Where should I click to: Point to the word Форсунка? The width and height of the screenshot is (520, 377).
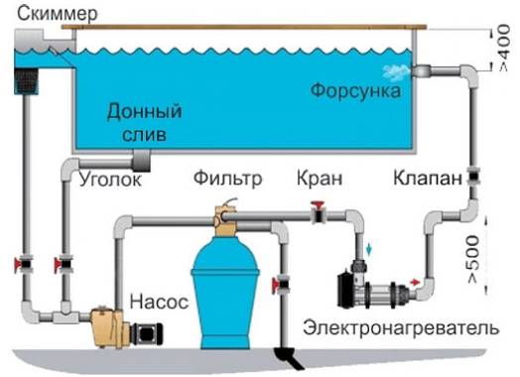[354, 91]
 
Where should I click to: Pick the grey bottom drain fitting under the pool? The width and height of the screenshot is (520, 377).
[138, 160]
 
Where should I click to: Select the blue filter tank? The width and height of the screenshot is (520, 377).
[228, 283]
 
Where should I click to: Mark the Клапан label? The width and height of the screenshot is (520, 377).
[426, 180]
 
